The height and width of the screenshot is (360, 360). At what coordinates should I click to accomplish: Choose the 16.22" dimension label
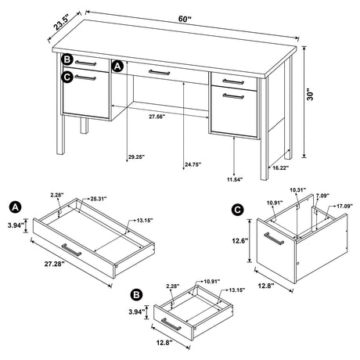[282, 167]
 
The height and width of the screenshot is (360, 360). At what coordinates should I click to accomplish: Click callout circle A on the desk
[117, 67]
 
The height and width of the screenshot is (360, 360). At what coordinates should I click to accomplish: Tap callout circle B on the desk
[68, 60]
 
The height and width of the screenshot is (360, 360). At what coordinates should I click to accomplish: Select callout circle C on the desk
[68, 76]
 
